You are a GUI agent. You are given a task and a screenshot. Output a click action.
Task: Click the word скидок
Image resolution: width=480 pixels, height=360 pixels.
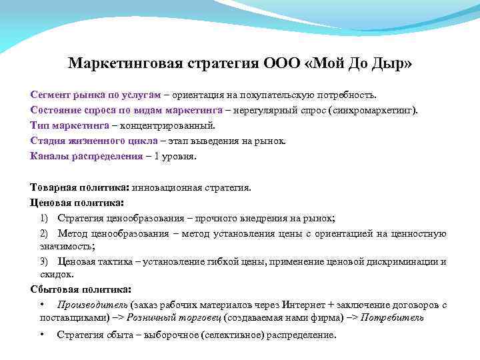54,274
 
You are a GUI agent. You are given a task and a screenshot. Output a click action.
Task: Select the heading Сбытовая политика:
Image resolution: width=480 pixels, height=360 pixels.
81,289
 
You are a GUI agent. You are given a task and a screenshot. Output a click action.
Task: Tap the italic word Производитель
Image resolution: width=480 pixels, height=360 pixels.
90,305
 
